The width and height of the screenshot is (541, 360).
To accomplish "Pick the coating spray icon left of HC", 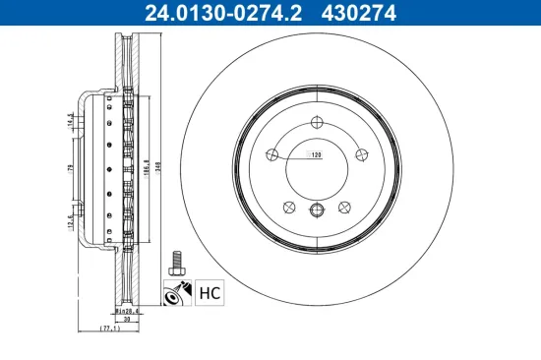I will [179, 291].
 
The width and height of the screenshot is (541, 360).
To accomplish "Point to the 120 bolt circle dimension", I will [317, 155].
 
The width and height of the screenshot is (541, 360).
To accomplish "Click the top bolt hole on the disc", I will [317, 122].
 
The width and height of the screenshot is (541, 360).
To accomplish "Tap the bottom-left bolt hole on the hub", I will [289, 207].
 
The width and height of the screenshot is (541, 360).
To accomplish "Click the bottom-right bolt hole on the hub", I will [344, 207].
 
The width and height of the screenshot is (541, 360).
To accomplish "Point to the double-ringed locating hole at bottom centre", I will [317, 210].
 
